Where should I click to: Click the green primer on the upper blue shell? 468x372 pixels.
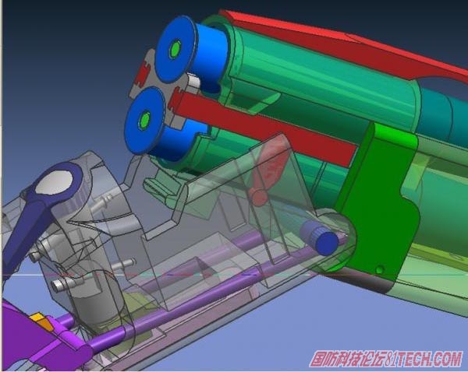pos(175,48)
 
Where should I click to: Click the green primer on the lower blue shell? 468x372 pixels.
pos(145,120)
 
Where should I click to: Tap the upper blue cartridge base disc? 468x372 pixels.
pos(177,49)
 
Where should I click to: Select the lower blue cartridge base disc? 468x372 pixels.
pos(145,121)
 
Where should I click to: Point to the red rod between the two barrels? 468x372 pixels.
pos(263,128)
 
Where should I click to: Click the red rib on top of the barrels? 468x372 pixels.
pos(343,44)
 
